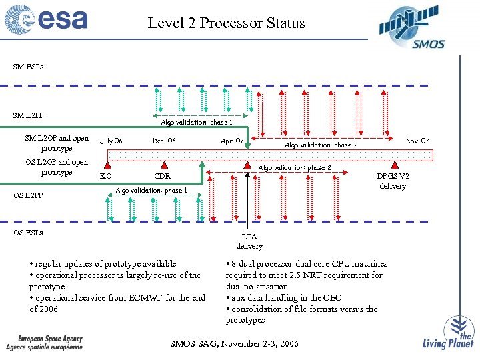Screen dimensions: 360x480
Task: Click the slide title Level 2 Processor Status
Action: [x=226, y=23]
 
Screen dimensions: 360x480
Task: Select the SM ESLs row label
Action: [x=28, y=67]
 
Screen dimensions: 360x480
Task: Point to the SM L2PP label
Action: [x=28, y=116]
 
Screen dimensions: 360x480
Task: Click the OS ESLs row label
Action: [x=28, y=233]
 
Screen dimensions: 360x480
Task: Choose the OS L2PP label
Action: [x=28, y=195]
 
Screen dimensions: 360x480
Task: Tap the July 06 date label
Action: [x=111, y=141]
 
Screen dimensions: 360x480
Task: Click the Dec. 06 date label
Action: [x=164, y=141]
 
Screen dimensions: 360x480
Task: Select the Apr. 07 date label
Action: [x=232, y=141]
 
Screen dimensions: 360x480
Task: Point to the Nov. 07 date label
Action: [x=418, y=141]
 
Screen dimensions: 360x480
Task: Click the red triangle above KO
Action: [x=105, y=165]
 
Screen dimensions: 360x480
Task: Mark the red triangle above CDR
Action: [x=162, y=165]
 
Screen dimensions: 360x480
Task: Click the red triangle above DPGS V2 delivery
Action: [x=395, y=165]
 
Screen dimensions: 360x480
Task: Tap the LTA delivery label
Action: [x=249, y=241]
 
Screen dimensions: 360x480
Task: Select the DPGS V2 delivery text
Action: [x=393, y=181]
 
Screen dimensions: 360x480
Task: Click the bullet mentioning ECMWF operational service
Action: [x=117, y=303]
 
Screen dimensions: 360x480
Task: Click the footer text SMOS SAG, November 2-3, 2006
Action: [x=234, y=344]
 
